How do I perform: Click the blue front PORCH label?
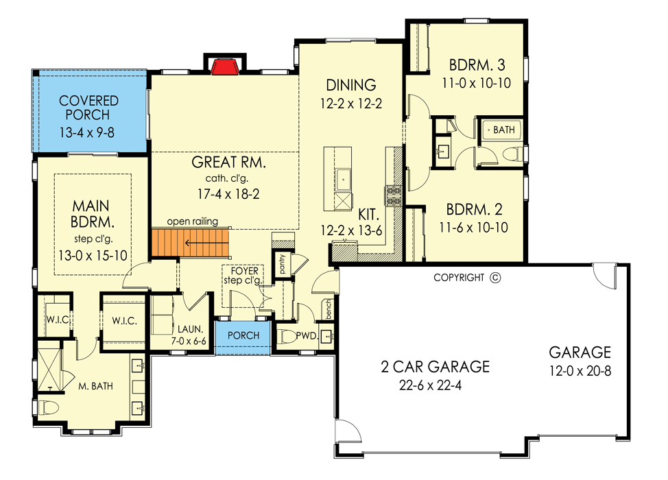point(242,335)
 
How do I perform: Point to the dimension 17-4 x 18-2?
point(228,193)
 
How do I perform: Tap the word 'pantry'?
point(281,262)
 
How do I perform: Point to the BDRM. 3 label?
point(477,66)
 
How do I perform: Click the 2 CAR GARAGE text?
point(436,367)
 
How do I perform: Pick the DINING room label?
point(351,85)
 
